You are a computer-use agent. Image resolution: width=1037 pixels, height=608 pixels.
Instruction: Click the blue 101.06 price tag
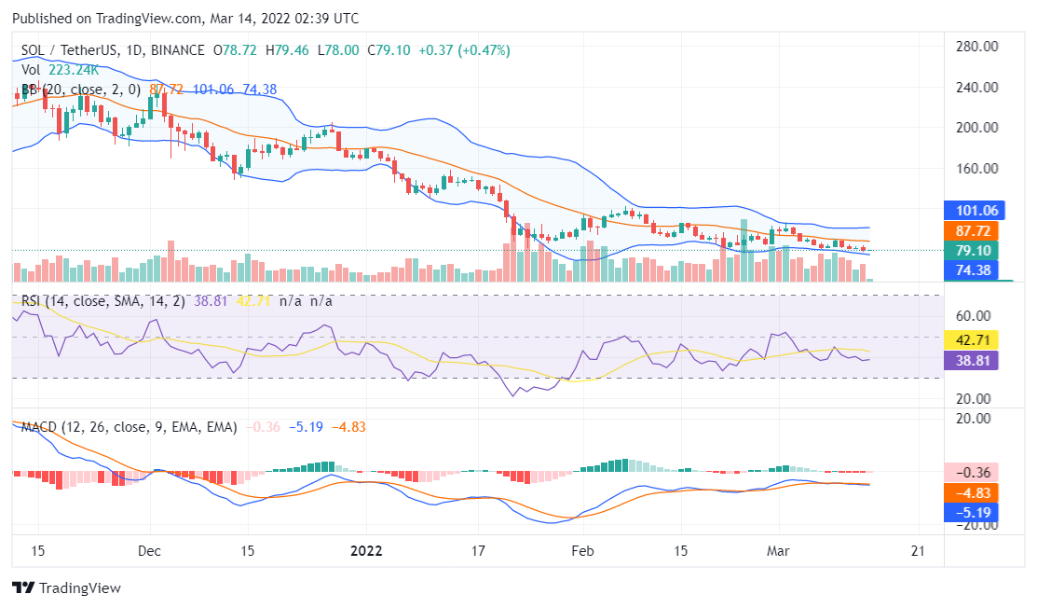972,211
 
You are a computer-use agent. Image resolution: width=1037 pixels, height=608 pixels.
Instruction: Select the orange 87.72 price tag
972,230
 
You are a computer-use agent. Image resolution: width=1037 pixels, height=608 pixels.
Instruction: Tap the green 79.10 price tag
972,250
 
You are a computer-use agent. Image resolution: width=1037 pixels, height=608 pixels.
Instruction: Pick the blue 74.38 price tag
972,269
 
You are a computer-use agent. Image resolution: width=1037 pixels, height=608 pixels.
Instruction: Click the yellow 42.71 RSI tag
972,339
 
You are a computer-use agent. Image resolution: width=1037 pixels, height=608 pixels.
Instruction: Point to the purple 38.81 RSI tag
972,359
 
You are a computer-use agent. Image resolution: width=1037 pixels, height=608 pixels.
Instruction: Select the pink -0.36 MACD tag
972,472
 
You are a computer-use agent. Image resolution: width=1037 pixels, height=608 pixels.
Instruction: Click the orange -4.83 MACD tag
972,492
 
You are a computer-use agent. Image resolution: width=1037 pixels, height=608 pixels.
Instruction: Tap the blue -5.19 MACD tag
972,512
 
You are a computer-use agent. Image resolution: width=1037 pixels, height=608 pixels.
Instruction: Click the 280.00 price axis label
978,47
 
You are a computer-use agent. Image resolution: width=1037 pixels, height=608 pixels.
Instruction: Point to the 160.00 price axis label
978,169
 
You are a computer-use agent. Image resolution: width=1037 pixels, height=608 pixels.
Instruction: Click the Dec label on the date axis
150,550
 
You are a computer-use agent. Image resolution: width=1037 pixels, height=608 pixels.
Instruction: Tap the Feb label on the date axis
582,550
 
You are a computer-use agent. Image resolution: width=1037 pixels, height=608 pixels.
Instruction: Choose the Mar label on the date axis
779,550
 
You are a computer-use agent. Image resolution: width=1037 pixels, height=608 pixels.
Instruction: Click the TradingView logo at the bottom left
66,588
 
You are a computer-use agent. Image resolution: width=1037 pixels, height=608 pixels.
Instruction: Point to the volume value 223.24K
75,70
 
